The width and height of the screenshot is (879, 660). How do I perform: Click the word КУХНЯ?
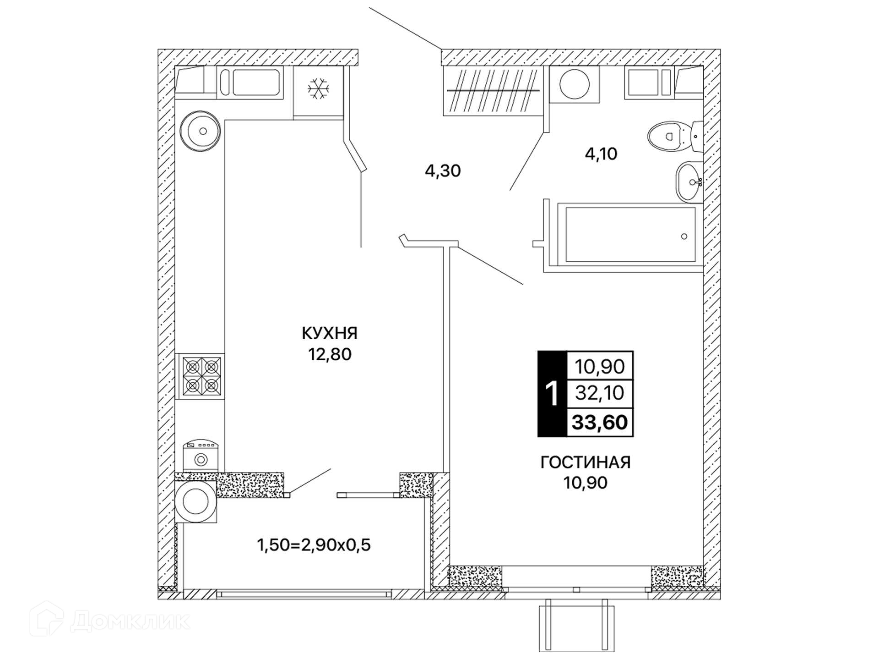[329, 333]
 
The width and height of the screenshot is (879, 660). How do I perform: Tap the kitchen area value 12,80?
[330, 354]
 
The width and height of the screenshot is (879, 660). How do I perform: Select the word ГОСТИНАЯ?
[585, 462]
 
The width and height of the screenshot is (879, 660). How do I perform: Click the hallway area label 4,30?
[443, 171]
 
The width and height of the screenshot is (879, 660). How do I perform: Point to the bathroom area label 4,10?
[601, 154]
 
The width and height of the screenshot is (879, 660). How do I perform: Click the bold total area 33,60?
[600, 422]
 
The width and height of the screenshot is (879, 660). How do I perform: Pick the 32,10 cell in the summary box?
[600, 393]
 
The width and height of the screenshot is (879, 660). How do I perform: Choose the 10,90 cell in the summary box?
[600, 366]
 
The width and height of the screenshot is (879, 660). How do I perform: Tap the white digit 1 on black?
[552, 393]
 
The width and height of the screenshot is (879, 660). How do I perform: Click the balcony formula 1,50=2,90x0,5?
[314, 545]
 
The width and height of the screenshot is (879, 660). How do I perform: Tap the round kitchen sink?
[201, 131]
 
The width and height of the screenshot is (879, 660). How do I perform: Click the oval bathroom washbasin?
[689, 181]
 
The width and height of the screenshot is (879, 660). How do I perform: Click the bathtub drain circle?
[684, 236]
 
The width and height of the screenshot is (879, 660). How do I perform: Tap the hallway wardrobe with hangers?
[493, 91]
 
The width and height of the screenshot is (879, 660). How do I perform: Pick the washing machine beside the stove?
[201, 455]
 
